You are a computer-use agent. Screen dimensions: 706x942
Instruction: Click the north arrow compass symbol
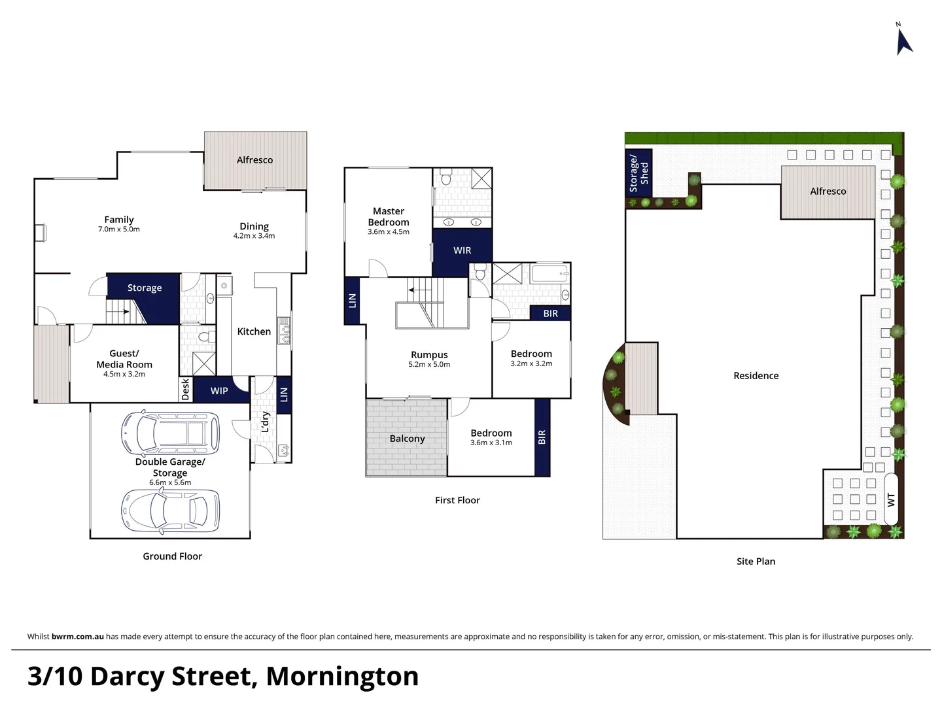pos(903,41)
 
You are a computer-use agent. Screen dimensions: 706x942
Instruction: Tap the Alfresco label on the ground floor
pos(254,160)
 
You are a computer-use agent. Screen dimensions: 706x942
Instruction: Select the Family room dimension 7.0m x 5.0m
pos(119,229)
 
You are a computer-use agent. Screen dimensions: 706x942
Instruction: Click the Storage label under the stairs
pos(145,288)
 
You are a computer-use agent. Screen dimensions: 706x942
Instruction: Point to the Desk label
pos(186,389)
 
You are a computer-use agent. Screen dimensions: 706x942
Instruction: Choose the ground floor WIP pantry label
pos(219,391)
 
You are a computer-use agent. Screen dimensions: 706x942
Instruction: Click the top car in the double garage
pos(170,433)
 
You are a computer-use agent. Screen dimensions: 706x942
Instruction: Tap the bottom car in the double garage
pos(170,510)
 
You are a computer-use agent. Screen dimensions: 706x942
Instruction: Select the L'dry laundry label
pos(266,422)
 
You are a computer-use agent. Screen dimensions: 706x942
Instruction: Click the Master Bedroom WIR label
pos(462,250)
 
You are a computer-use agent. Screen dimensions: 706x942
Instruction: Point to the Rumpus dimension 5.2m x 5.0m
pos(429,365)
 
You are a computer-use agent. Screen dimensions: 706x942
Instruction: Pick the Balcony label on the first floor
pos(407,439)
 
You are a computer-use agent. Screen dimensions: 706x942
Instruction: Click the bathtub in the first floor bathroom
pos(549,273)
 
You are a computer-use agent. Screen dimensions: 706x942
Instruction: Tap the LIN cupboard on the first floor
pos(352,301)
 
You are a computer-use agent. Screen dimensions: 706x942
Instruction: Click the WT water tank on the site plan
pos(891,499)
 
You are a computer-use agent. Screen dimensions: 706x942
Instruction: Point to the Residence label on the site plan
pos(756,376)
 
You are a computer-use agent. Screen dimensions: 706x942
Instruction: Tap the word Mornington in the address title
pos(342,676)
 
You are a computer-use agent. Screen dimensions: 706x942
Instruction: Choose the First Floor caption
pos(457,500)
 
